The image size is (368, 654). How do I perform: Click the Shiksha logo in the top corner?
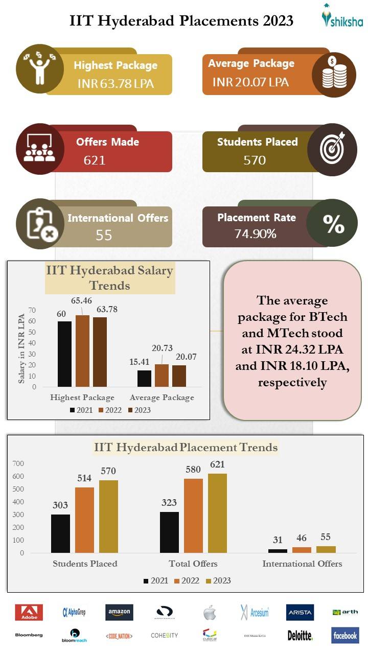[342, 16]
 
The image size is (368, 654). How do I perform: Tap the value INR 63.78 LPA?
[116, 83]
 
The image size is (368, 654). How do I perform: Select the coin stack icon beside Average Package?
[334, 75]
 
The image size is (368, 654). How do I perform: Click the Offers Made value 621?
[95, 160]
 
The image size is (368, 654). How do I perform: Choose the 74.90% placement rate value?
[255, 234]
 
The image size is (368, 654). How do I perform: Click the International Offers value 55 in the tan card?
[104, 235]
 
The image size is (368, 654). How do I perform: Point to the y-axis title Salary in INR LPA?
[22, 349]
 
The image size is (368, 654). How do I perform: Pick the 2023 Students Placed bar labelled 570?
[108, 517]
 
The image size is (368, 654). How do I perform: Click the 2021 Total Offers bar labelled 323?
[169, 532]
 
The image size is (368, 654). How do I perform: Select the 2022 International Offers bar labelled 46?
[302, 550]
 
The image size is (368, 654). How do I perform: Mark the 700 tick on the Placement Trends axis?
[18, 463]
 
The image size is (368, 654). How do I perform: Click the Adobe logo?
[29, 612]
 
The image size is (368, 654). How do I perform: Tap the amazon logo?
[119, 612]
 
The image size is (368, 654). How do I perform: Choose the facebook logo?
[345, 635]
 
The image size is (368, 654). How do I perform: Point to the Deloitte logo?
[300, 636]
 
